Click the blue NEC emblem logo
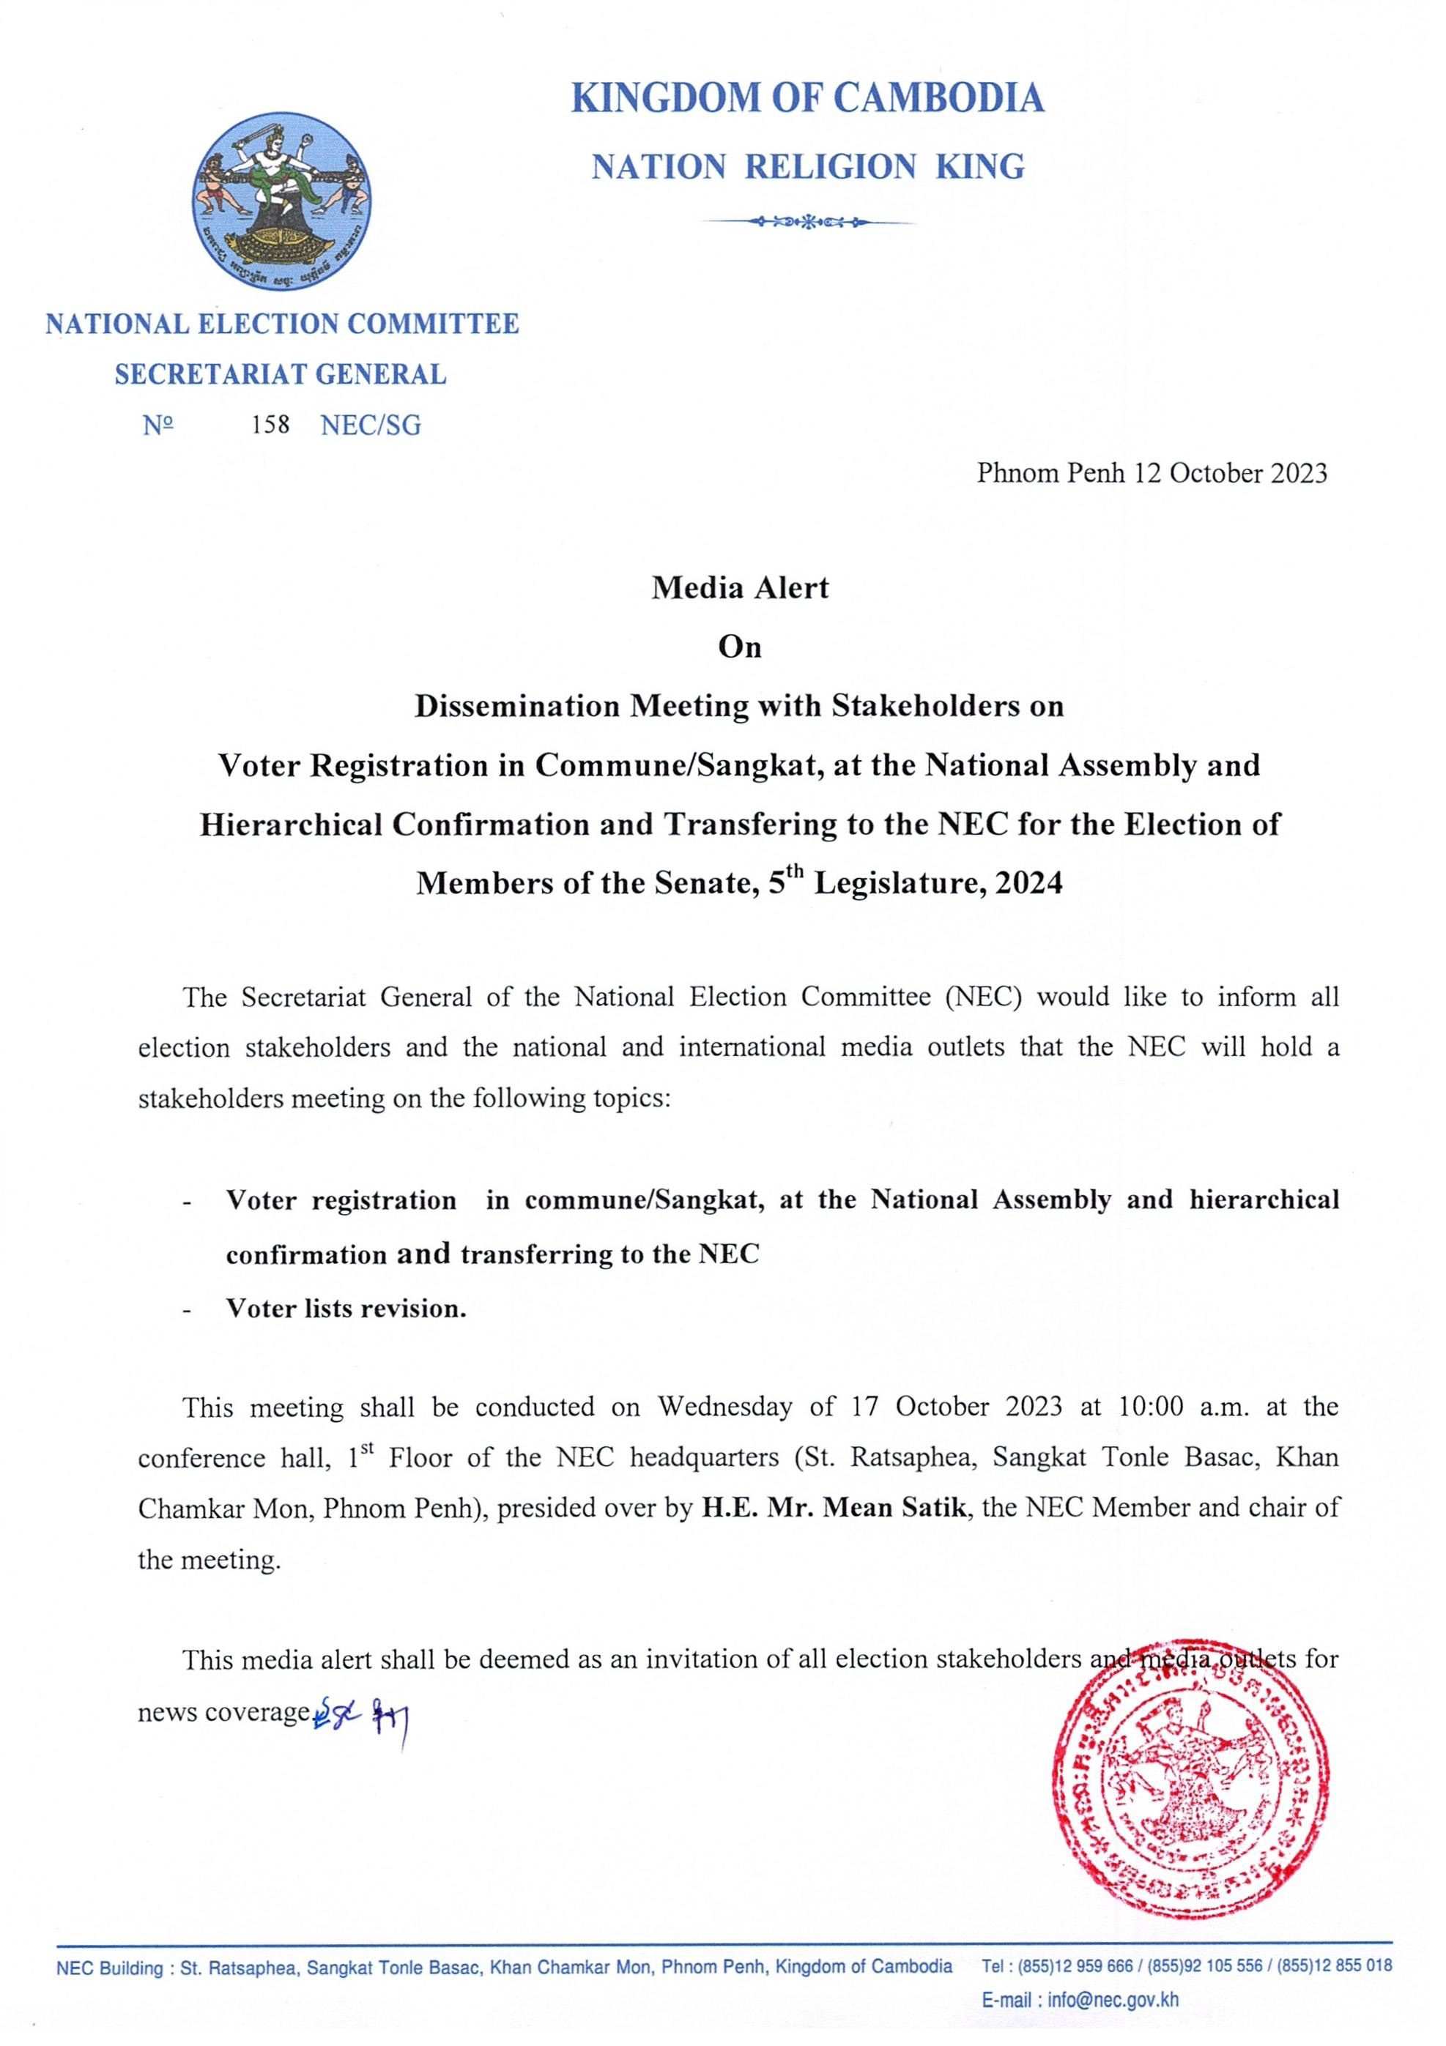(x=282, y=201)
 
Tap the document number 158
(x=270, y=425)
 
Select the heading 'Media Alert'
(x=740, y=588)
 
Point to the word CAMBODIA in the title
(x=939, y=98)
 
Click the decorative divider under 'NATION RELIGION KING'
(x=809, y=221)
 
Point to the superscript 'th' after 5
(x=797, y=870)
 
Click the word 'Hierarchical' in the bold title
(x=291, y=825)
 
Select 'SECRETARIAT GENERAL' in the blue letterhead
(x=280, y=374)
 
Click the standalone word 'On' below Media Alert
(x=740, y=647)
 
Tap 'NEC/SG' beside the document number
(x=370, y=425)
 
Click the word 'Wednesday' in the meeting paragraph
(x=724, y=1407)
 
